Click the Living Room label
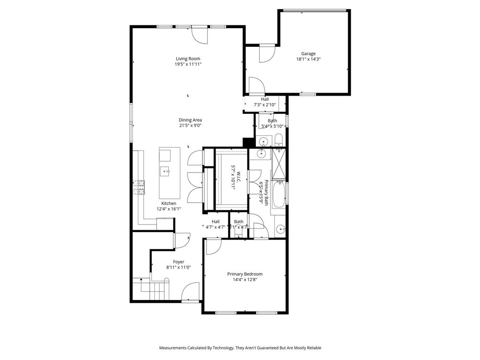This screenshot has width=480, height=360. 188,59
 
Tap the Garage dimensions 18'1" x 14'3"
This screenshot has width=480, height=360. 308,60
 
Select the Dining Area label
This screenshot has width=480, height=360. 190,120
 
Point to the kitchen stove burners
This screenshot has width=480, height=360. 139,187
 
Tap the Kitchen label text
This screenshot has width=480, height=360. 169,203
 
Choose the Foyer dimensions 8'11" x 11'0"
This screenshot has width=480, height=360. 179,267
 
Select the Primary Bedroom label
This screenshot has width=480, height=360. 245,274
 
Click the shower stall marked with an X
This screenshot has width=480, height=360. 279,164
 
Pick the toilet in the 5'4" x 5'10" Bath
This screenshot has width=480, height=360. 278,140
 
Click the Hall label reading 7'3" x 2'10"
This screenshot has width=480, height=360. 265,102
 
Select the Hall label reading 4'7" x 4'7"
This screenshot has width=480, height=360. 216,224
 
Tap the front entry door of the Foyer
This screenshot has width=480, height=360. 191,293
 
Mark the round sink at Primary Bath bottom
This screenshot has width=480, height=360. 280,229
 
